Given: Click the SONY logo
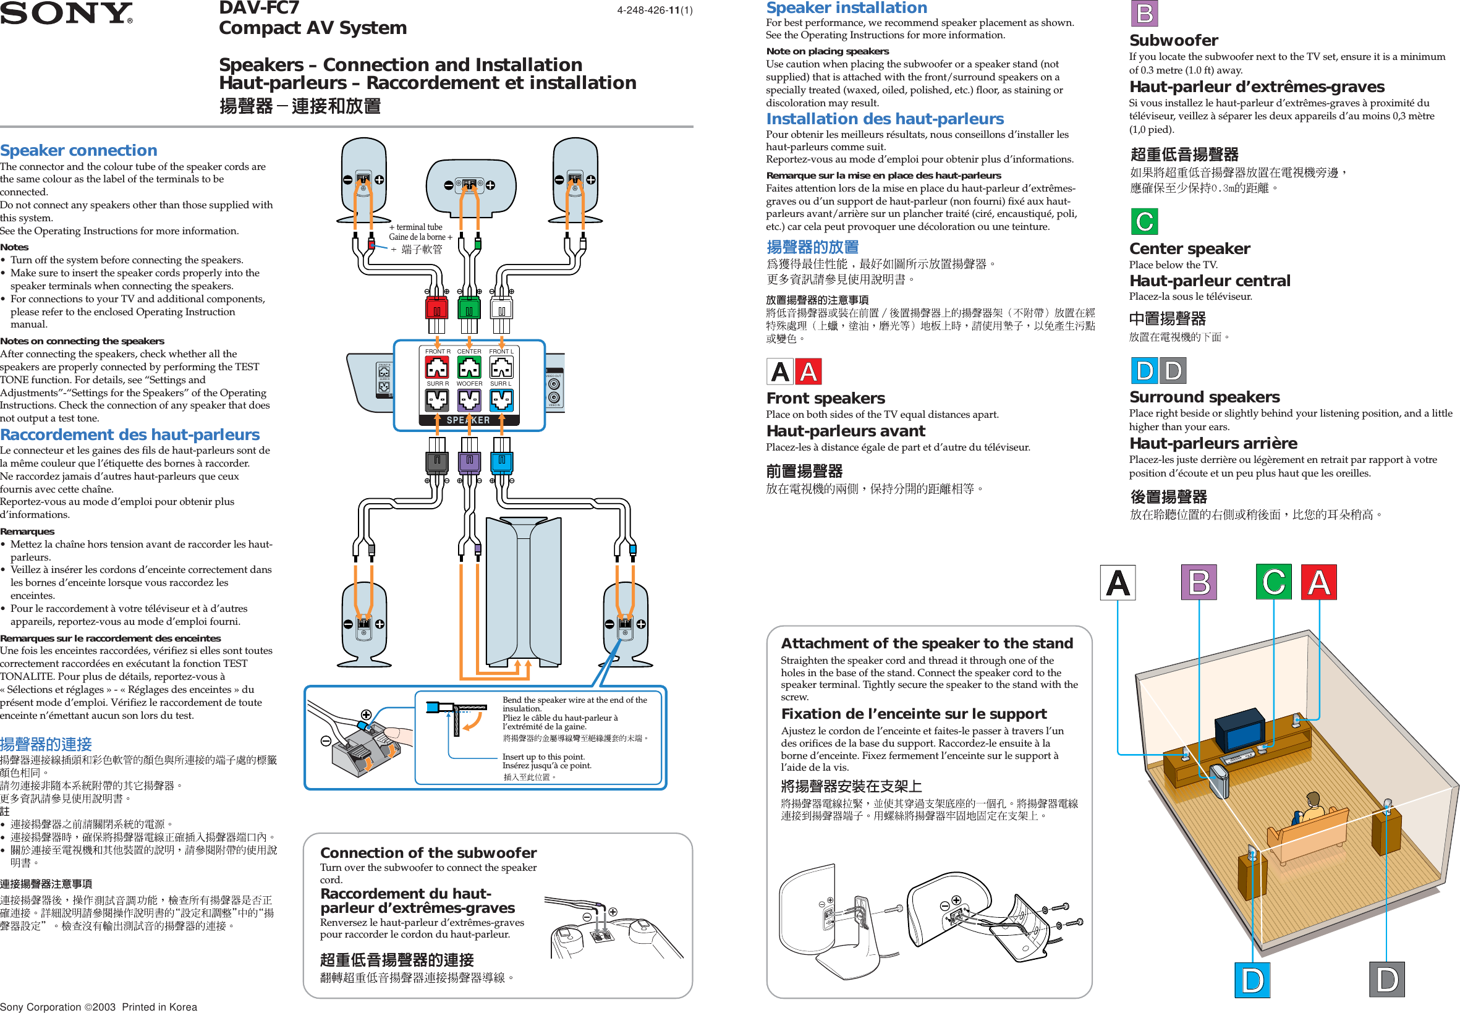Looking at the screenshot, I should click(66, 13).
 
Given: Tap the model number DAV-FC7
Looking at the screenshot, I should click(259, 7).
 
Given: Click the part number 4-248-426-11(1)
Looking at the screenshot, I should click(654, 10).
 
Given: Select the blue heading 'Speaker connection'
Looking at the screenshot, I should click(79, 150).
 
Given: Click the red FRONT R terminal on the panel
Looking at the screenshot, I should click(437, 368).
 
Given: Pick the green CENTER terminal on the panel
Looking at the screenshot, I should click(469, 368).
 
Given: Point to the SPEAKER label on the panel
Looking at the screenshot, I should click(469, 420).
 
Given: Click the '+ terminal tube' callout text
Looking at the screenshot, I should click(416, 227).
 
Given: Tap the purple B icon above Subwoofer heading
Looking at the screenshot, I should click(1144, 14).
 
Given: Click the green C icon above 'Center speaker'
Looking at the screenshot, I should click(1144, 221).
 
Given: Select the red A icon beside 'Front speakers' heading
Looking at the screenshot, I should click(808, 372).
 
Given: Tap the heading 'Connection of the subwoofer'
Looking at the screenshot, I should click(428, 852).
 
